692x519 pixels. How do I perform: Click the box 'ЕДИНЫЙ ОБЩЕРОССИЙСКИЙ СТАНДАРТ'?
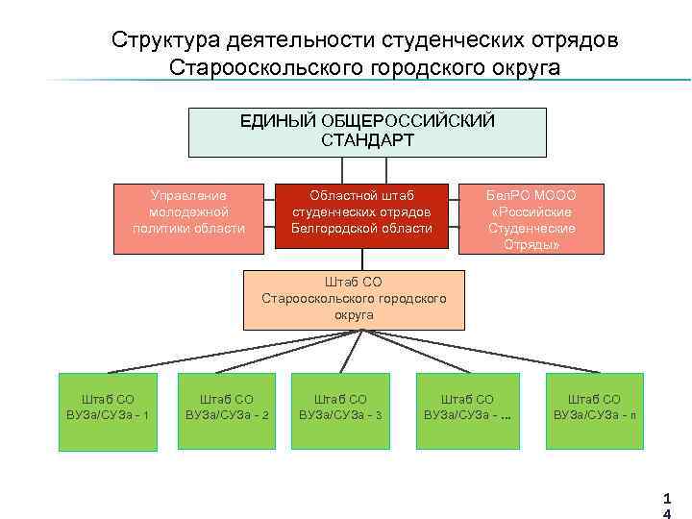coord(367,132)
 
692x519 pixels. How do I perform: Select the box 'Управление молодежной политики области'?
coord(189,217)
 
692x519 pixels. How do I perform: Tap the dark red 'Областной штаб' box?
coord(361,217)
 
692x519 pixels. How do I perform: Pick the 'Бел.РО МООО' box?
coord(531,217)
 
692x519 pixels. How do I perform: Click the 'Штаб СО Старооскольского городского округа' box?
coord(354,299)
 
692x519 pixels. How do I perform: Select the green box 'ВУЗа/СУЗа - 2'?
coord(226,411)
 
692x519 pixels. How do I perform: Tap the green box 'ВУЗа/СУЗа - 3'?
coord(341,411)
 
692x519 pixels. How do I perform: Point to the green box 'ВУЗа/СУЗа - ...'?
coord(467,411)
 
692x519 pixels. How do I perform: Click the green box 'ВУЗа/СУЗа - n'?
coord(594,411)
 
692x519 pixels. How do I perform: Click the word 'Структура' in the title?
coord(163,40)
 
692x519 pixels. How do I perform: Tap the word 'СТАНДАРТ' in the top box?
coord(368,140)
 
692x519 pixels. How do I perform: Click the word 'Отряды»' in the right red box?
coord(531,245)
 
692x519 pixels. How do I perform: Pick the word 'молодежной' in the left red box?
coord(189,211)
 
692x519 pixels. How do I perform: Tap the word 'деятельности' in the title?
coord(295,40)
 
